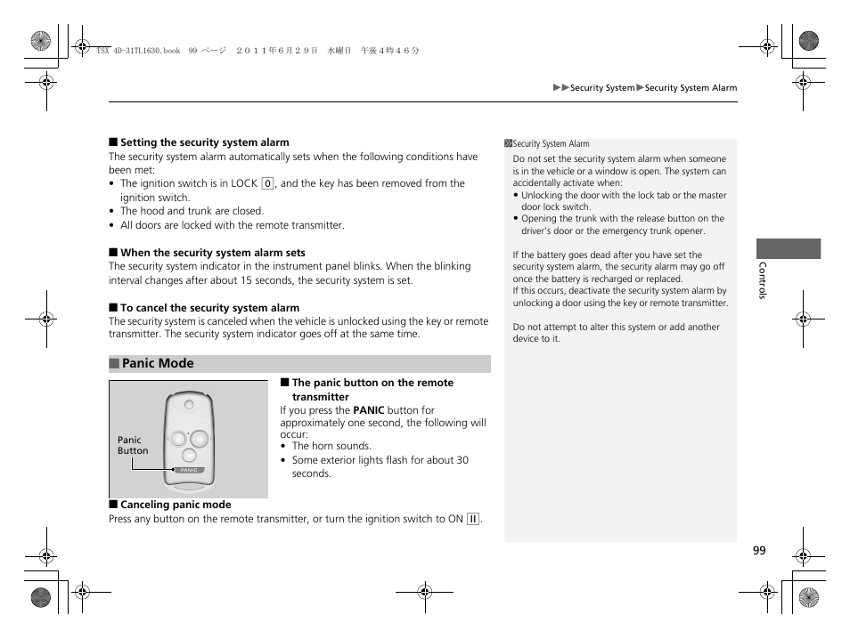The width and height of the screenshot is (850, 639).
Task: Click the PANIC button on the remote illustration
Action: (189, 470)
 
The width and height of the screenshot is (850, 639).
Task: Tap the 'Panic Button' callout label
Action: (133, 445)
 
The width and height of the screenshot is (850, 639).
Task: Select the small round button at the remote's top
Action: (189, 404)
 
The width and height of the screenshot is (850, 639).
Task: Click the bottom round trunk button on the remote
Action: (189, 455)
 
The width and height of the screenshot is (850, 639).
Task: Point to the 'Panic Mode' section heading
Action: (158, 363)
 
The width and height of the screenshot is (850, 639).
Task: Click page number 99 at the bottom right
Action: (758, 551)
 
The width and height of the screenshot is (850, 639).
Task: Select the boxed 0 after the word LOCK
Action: (266, 184)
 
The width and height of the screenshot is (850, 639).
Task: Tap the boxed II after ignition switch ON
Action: (473, 520)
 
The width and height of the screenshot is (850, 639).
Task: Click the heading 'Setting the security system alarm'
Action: (204, 142)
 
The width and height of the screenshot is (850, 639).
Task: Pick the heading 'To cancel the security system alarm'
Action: (209, 308)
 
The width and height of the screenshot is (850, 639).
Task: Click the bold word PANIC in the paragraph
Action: (368, 411)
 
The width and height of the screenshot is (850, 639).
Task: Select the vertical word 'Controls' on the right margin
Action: (762, 280)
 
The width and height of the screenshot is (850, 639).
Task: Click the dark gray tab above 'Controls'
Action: (789, 248)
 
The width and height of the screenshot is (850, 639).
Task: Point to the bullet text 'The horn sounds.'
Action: (331, 447)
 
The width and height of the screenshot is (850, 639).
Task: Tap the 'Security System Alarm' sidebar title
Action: (551, 144)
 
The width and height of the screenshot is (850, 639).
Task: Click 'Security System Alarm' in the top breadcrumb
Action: (691, 88)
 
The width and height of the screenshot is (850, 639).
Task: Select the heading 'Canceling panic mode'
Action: (175, 505)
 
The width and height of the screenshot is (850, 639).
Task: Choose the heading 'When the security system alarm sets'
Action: (212, 253)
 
